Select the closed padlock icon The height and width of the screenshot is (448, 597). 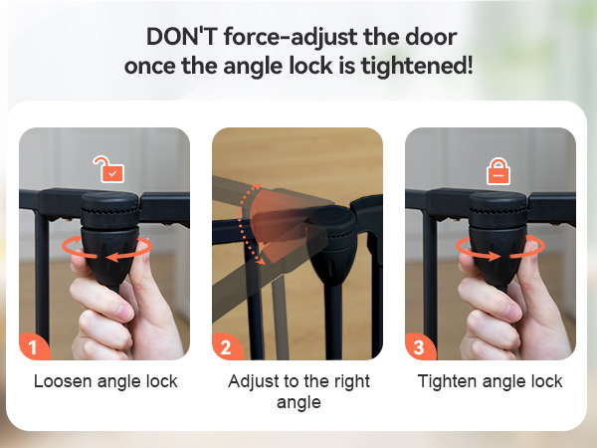pyautogui.click(x=497, y=171)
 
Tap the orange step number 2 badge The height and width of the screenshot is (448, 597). pyautogui.click(x=226, y=346)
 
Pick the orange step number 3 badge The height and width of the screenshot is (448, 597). pyautogui.click(x=419, y=346)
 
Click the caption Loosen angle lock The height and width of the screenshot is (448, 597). pyautogui.click(x=105, y=381)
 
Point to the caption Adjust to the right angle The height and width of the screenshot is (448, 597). pyautogui.click(x=298, y=391)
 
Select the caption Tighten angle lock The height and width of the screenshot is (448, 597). pyautogui.click(x=490, y=381)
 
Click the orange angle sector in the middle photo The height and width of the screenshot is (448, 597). pyautogui.click(x=278, y=219)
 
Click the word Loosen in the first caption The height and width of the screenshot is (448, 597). pyautogui.click(x=62, y=381)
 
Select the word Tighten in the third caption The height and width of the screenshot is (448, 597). pyautogui.click(x=446, y=381)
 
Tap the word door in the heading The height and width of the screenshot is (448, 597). pyautogui.click(x=430, y=37)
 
